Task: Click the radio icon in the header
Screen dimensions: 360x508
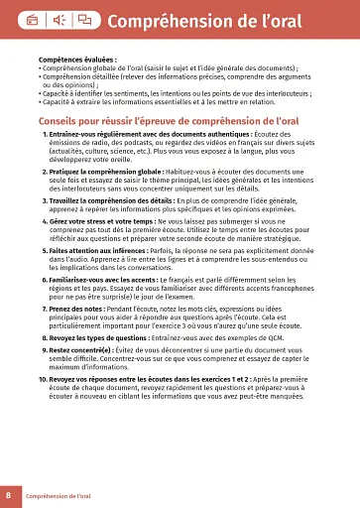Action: tap(32, 19)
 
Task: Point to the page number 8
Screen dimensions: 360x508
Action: tap(8, 494)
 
